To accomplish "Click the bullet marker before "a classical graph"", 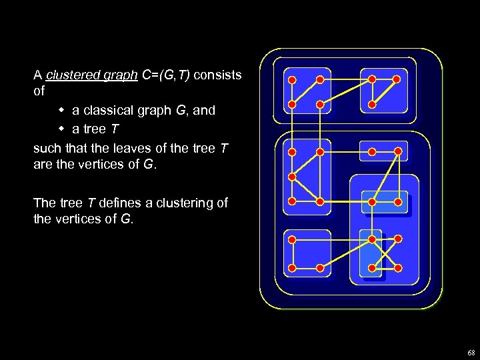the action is (x=61, y=110).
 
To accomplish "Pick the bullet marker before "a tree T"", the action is (x=61, y=128).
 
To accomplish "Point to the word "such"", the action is (x=46, y=147).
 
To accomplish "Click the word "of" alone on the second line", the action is (x=39, y=93).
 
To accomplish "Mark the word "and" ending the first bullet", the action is (x=204, y=111).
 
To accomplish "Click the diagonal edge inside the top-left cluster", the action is (x=306, y=93).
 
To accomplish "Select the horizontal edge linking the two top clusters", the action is (x=346, y=80).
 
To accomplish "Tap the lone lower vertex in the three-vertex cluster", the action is (x=372, y=105).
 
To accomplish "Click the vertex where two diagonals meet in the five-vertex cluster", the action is (x=292, y=177).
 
